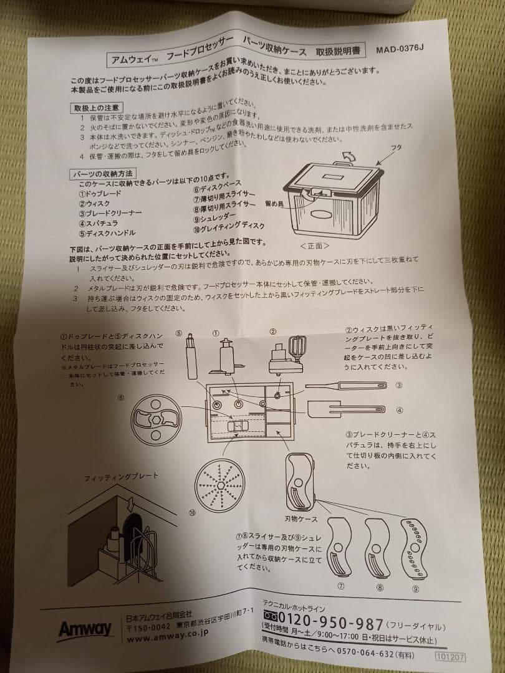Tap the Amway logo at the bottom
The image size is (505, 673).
click(85, 629)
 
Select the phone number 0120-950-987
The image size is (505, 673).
click(323, 623)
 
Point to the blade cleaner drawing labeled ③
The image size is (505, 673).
click(344, 387)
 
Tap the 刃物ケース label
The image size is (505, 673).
click(302, 518)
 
